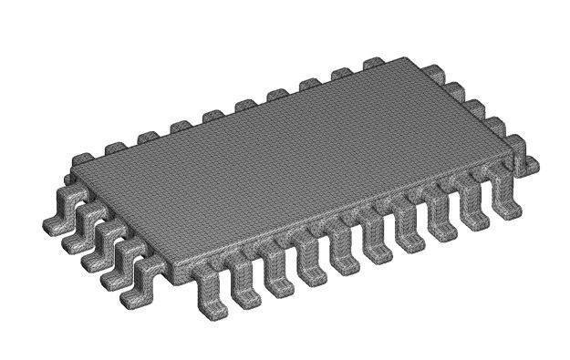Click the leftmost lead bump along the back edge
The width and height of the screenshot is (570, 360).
[x=115, y=147]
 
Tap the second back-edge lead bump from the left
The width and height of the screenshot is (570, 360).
[x=147, y=137]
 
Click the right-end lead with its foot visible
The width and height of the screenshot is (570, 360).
[x=526, y=163]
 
